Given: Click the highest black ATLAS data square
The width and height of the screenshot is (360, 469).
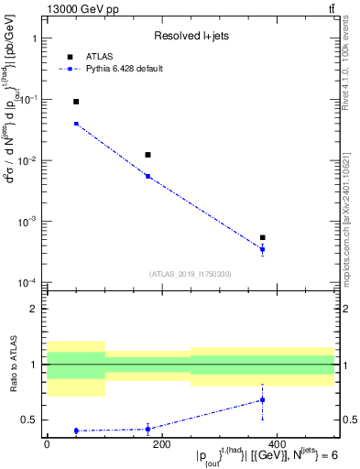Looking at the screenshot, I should [76, 102].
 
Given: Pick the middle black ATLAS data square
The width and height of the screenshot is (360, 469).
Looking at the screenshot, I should [147, 155].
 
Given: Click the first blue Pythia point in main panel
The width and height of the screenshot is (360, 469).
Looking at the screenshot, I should [76, 124].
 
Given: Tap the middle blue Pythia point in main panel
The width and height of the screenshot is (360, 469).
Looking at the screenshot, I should [147, 176].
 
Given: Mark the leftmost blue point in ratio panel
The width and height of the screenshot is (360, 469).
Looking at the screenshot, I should [76, 431].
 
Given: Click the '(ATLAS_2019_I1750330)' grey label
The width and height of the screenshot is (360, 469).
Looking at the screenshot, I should [191, 274].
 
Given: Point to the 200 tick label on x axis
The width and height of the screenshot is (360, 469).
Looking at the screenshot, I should [161, 444].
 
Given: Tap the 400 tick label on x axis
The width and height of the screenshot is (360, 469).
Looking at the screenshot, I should [276, 444].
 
